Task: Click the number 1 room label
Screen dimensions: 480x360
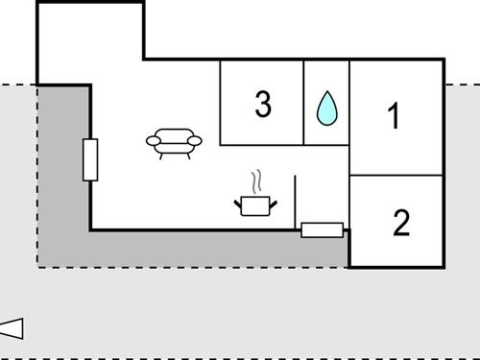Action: [x=393, y=116]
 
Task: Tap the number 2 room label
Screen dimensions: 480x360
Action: [x=401, y=223]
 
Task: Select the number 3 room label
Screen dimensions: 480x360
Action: [x=263, y=104]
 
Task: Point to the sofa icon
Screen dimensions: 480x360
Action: [x=174, y=141]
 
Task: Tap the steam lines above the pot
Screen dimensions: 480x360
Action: [x=255, y=181]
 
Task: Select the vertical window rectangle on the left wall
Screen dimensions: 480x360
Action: [x=90, y=159]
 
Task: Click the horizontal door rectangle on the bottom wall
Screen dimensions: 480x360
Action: [x=322, y=229]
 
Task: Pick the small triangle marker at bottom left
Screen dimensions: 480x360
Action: [x=12, y=328]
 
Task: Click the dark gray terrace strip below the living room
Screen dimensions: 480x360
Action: [x=192, y=249]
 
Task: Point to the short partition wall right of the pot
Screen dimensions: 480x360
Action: [x=296, y=202]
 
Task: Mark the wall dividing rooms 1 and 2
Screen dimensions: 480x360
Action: [x=396, y=176]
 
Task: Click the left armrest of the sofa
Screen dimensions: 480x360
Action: [x=154, y=142]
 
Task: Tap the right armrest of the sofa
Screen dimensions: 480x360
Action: [x=195, y=141]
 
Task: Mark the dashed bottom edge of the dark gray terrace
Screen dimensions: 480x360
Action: [x=192, y=267]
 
